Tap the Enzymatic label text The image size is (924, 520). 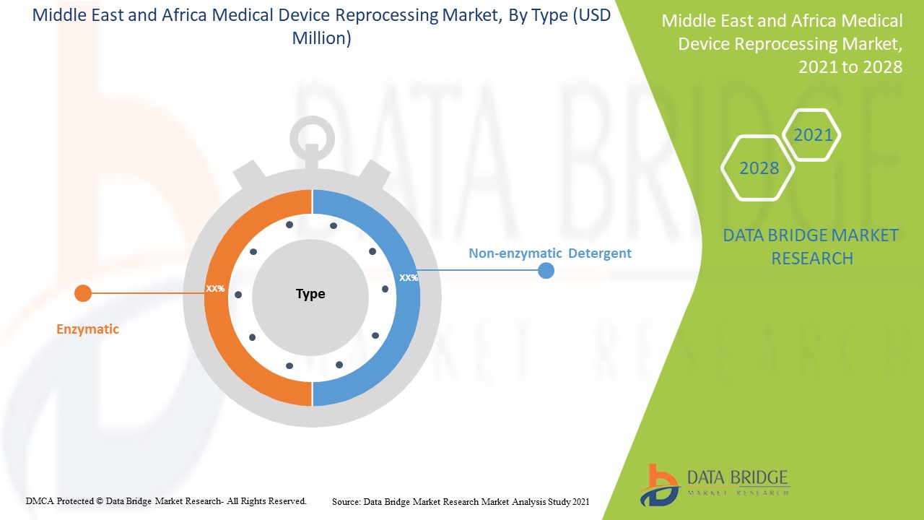coord(87,329)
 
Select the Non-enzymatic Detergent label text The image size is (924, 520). coord(549,253)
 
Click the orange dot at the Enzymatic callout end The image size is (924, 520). coord(83,293)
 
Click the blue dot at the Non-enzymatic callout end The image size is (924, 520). coord(546,271)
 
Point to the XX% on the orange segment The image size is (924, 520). coord(215,288)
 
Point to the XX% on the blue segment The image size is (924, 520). coord(409,277)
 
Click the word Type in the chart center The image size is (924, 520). coord(310,294)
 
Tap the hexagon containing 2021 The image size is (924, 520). coord(812,135)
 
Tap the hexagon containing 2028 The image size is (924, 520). coord(759,168)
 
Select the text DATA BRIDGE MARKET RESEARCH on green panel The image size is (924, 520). coord(811,246)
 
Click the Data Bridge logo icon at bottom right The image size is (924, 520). coord(658,485)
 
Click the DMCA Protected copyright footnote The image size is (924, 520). coord(166,500)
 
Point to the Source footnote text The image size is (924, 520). coord(461,501)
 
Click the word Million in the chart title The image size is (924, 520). coord(321,38)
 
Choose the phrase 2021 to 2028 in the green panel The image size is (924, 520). coord(850,67)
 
